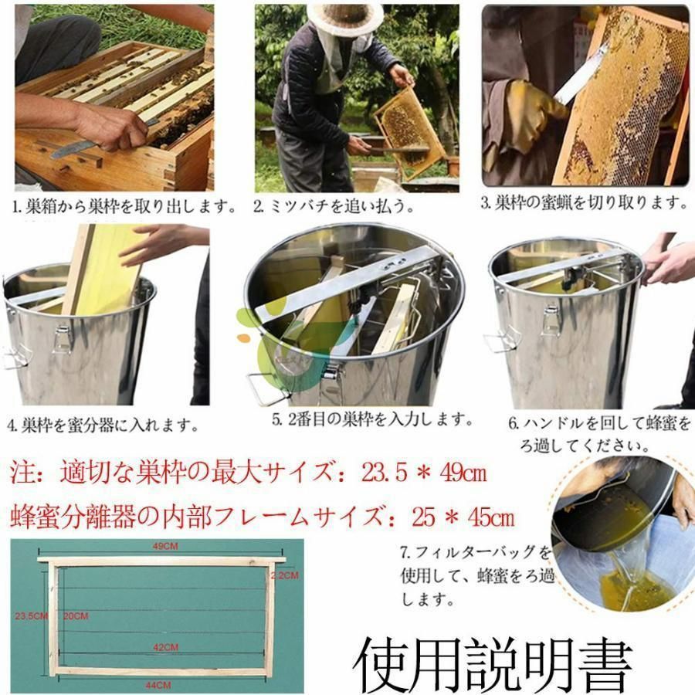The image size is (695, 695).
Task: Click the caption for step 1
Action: pos(124,207)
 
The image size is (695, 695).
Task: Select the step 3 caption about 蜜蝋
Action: pos(584,204)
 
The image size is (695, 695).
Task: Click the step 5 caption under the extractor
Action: pos(371,420)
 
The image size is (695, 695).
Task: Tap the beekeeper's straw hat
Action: pos(345,17)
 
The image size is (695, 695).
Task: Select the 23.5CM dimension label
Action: pos(29,615)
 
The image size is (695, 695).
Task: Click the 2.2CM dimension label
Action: pos(284,575)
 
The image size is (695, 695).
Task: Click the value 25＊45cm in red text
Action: pos(463,516)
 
